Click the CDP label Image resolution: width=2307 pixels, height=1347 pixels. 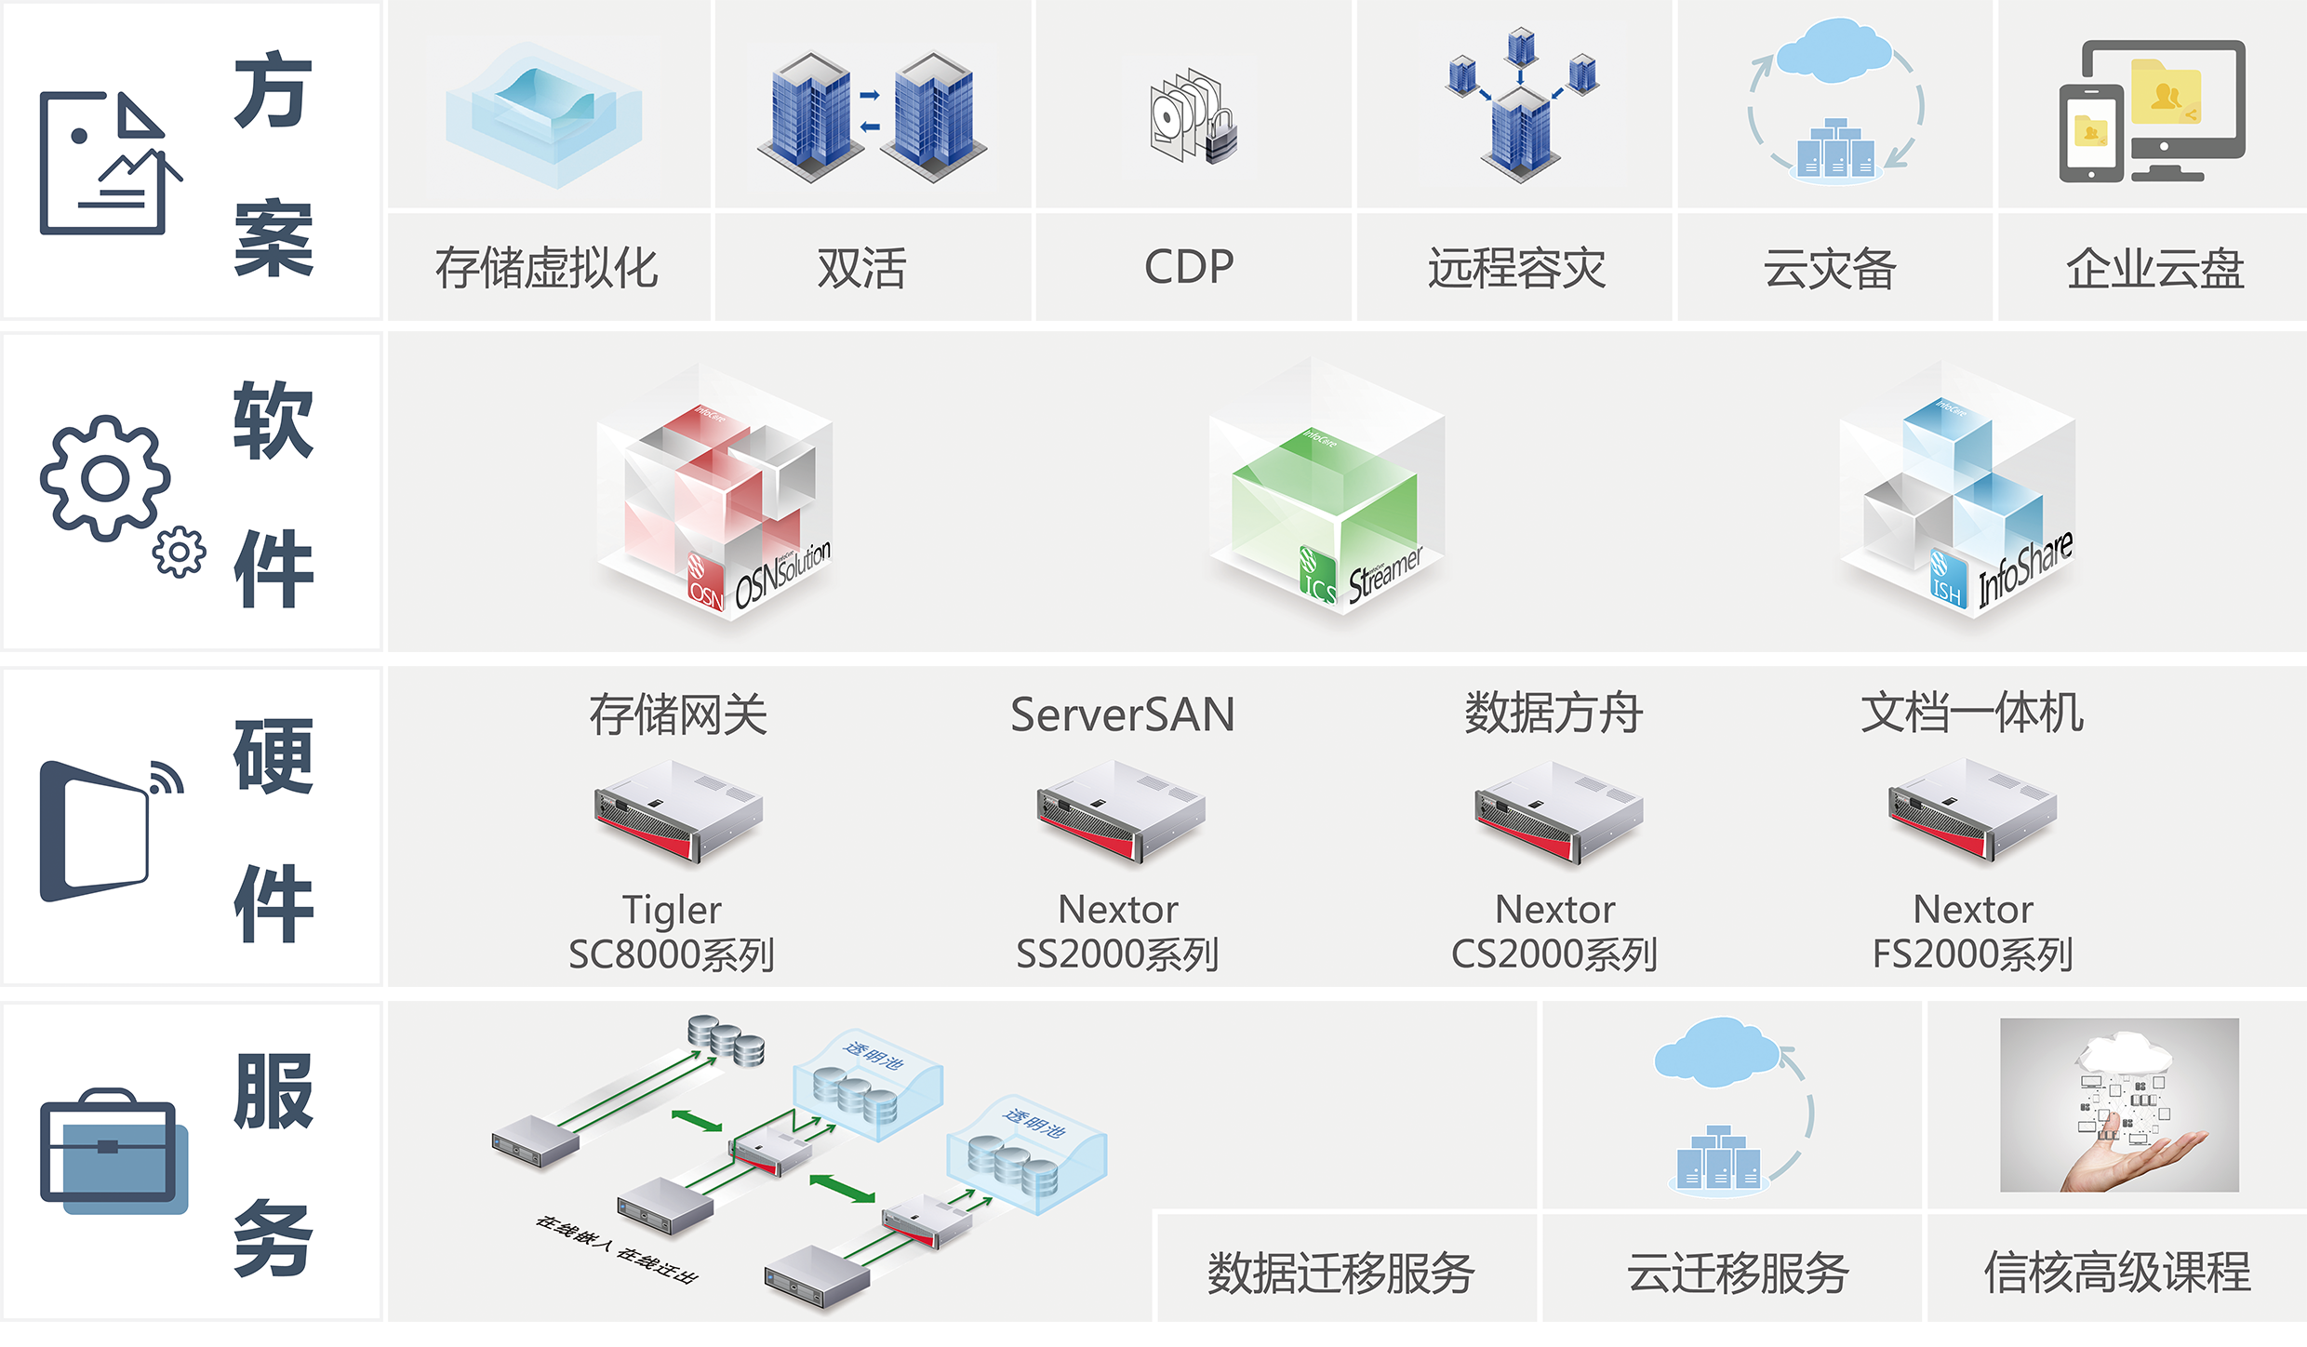[1189, 267]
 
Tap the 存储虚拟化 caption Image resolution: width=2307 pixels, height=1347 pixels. [547, 268]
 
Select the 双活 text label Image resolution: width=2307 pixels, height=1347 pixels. [861, 268]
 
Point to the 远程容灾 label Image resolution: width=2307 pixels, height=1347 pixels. [1517, 268]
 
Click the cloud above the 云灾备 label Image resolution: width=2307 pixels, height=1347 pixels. [1833, 51]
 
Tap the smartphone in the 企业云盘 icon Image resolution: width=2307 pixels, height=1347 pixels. [2091, 134]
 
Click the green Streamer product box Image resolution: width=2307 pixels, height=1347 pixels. [1326, 493]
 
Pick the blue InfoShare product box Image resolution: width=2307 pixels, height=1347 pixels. [1956, 493]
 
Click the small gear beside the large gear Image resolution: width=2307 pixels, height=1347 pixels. [179, 552]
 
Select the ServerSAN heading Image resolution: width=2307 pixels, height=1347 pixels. [1122, 714]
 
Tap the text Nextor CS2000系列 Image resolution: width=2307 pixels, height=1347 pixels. [1554, 932]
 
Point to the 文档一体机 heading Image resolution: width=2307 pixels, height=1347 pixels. [1972, 714]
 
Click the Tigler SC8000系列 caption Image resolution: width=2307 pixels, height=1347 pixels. [672, 932]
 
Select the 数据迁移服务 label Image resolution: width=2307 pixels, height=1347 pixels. [1340, 1273]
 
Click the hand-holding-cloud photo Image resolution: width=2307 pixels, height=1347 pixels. [2119, 1105]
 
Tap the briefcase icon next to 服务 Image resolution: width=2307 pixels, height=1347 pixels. [112, 1152]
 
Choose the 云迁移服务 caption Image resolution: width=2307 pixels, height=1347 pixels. [1737, 1273]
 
